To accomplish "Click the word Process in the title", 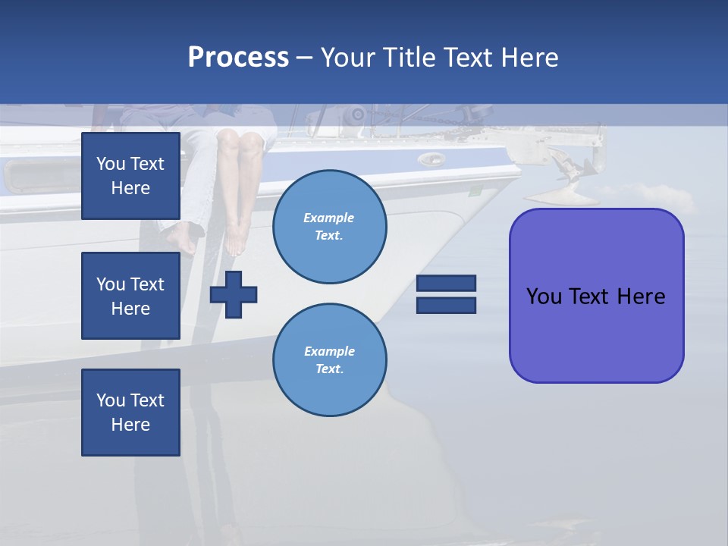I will (x=238, y=58).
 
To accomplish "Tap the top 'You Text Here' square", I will (x=130, y=176).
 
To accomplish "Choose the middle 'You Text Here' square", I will (x=130, y=296).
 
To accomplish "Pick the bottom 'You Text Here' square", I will (x=130, y=413).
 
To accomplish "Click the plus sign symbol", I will (x=234, y=294).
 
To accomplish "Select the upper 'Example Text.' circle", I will (x=329, y=227).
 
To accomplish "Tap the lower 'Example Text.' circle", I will (x=329, y=360).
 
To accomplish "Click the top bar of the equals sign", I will (x=446, y=284).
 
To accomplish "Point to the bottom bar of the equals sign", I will (x=446, y=305).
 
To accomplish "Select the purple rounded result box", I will (x=596, y=296).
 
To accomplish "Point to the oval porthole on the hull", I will (x=431, y=159).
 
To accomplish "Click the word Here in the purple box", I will (x=641, y=297).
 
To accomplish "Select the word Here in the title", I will (x=530, y=58).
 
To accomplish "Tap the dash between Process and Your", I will (x=305, y=58).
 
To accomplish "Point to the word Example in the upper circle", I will (x=329, y=218).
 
